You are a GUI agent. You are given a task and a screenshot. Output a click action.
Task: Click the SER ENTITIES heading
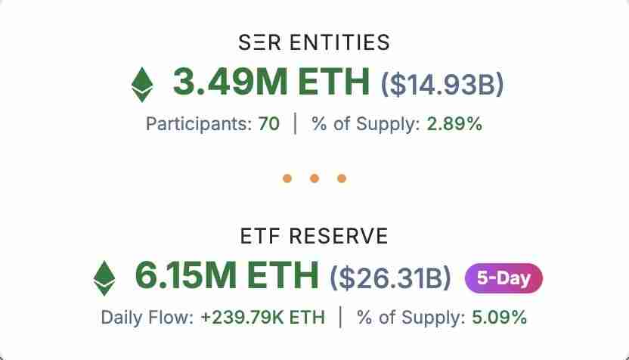click(x=314, y=42)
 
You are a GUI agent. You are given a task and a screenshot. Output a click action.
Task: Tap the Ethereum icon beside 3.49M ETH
click(x=141, y=84)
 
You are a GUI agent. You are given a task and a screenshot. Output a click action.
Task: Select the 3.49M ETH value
click(x=271, y=82)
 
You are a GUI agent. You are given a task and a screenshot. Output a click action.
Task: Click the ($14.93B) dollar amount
click(x=442, y=85)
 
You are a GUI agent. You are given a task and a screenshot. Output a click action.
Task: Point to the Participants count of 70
click(x=269, y=124)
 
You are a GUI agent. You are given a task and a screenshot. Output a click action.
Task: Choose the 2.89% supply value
click(x=454, y=124)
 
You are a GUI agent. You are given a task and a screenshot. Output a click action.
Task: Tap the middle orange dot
click(x=314, y=178)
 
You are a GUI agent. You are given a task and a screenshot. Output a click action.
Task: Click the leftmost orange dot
click(x=287, y=178)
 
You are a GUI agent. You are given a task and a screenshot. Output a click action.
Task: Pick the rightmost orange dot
click(x=342, y=178)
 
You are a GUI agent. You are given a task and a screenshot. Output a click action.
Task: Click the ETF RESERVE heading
click(x=314, y=237)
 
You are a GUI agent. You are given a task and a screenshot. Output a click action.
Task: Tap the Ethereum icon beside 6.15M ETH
click(x=104, y=278)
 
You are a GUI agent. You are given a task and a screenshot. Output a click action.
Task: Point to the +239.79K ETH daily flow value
click(x=263, y=318)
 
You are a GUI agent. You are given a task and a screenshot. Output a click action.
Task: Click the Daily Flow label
click(x=147, y=318)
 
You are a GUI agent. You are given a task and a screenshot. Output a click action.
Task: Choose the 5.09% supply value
click(x=499, y=318)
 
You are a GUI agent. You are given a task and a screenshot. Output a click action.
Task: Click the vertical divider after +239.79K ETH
click(x=341, y=318)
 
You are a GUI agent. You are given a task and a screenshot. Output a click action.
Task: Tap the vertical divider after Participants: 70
click(x=296, y=124)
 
